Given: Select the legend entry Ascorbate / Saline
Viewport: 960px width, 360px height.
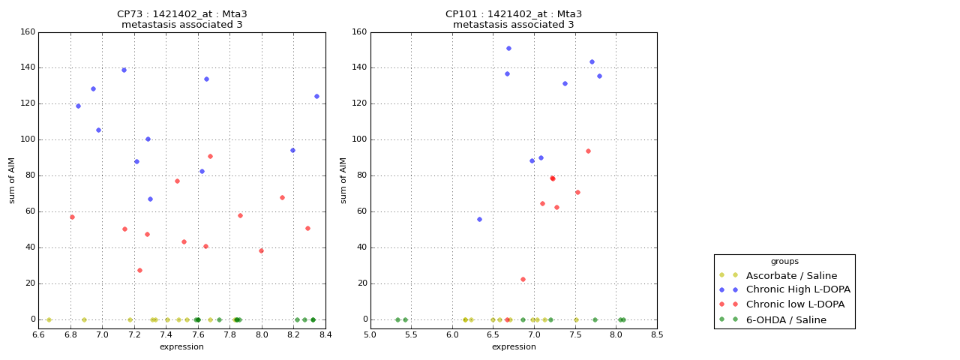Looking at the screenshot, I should [790, 275].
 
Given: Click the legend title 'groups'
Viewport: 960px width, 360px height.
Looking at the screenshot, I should [784, 262].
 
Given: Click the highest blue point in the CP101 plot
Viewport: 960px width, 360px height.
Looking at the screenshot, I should [508, 48].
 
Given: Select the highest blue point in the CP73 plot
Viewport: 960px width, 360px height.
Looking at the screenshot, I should [124, 70].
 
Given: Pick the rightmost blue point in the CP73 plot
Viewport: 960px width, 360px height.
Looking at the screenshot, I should [316, 96].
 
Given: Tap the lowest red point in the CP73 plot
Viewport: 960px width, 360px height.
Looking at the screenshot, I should [139, 270].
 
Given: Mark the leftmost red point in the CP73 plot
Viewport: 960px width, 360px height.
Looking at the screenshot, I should [72, 217].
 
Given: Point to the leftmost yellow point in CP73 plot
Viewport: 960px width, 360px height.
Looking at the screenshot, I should [49, 319].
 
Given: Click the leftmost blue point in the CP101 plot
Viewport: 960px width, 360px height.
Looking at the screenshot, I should [479, 219].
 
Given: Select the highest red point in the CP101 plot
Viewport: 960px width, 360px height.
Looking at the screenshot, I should [588, 151].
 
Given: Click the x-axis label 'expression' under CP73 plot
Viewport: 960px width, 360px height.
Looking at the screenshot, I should [181, 346].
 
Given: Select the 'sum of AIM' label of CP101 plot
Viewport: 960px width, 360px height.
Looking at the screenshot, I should [343, 180].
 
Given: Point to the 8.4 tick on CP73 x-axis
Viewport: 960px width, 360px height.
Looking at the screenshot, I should [325, 334].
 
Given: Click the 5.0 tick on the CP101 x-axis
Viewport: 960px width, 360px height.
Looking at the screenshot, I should [370, 334].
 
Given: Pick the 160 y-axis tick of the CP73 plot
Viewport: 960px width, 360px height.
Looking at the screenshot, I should [27, 32].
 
